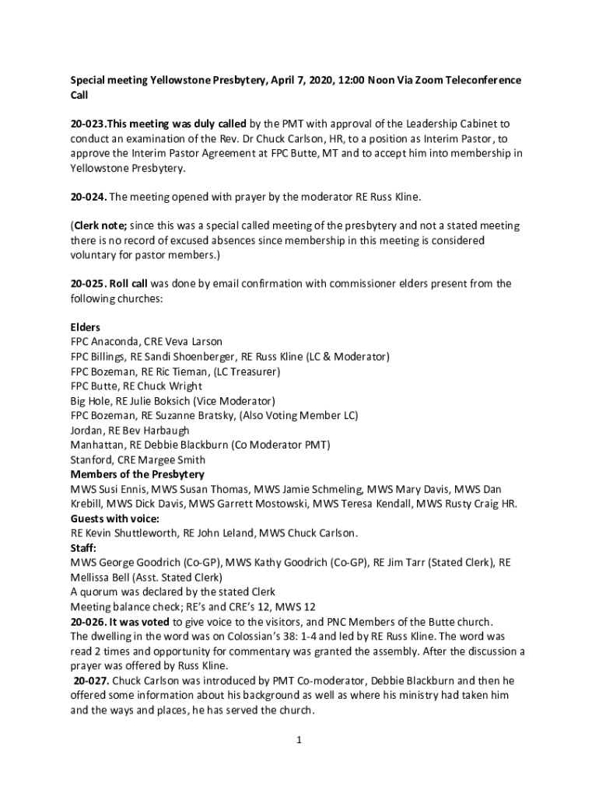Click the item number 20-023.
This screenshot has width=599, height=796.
click(x=87, y=124)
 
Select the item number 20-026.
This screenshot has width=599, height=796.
click(x=87, y=621)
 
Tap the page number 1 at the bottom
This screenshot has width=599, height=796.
click(x=299, y=740)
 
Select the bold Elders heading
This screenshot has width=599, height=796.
click(x=86, y=327)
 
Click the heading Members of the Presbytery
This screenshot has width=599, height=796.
click(x=138, y=474)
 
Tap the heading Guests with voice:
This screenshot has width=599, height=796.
click(x=115, y=518)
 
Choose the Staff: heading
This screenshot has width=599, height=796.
click(x=84, y=547)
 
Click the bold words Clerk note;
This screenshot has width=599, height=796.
click(x=101, y=225)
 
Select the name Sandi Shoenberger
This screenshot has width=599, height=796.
click(x=190, y=357)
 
